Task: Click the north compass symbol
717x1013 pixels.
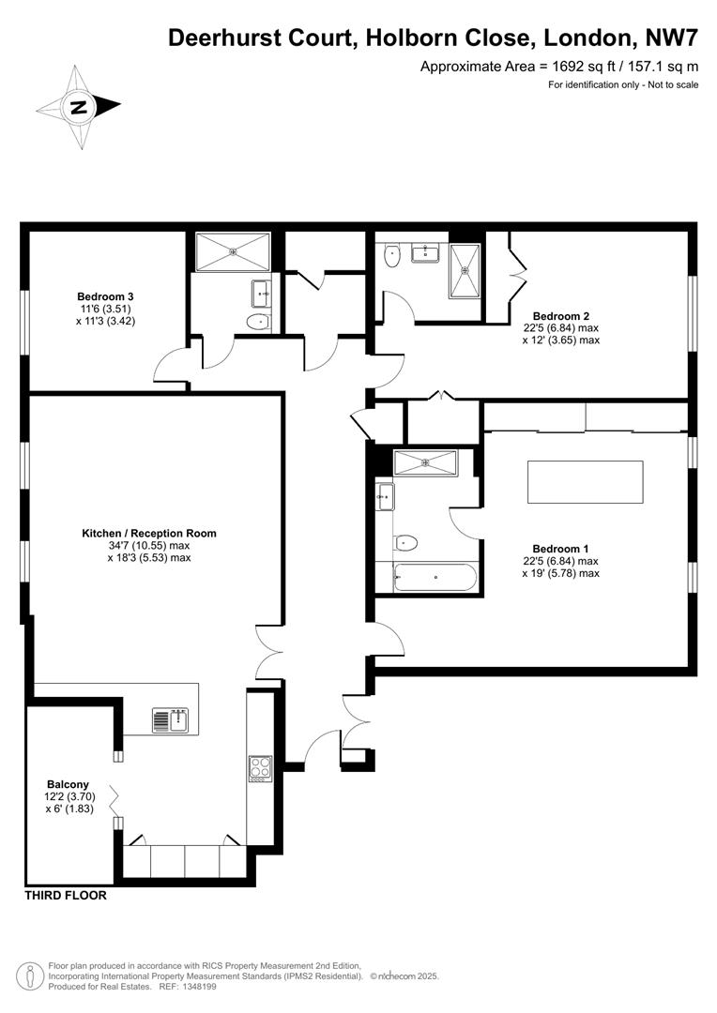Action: pos(79,106)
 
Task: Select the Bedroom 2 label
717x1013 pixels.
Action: pos(561,316)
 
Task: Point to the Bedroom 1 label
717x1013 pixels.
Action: pos(560,549)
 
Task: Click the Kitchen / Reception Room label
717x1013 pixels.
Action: pos(149,533)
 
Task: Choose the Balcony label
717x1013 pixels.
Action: pos(68,784)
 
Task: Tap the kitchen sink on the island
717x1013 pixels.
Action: pos(171,720)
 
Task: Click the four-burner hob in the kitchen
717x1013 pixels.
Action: pos(260,768)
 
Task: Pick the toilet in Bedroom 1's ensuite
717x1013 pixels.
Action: pos(405,541)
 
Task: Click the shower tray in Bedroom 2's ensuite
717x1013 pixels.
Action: pos(466,270)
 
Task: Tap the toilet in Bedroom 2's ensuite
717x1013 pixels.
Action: pos(393,255)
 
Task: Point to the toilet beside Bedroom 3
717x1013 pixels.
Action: pos(256,323)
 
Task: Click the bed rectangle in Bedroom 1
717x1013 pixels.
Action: pos(586,482)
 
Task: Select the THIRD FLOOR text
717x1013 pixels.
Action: pos(66,896)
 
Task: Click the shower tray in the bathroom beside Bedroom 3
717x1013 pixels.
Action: pos(233,250)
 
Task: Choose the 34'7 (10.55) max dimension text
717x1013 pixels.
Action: pos(149,545)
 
